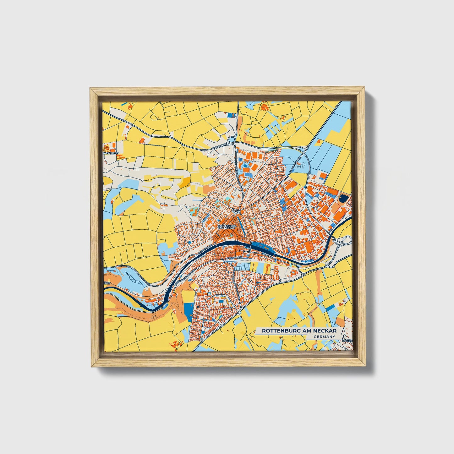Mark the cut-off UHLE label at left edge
pyautogui.click(x=107, y=283)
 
